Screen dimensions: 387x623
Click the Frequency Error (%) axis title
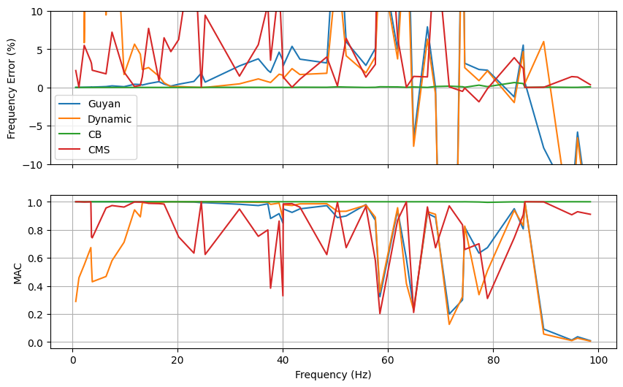point(12,88)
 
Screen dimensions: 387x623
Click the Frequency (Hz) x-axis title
point(333,375)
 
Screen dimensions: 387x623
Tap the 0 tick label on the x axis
point(72,359)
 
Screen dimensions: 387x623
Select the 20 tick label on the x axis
point(177,359)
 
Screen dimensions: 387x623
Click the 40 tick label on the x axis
point(283,359)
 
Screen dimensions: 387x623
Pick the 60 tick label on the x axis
point(388,359)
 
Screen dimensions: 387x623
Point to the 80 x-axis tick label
point(493,359)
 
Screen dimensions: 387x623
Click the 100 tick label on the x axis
point(598,359)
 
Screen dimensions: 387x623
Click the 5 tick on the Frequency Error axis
point(41,50)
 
